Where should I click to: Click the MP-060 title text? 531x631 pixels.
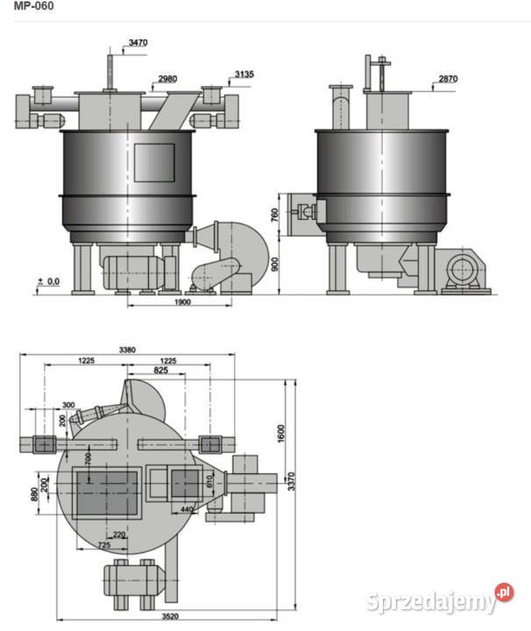click(34, 6)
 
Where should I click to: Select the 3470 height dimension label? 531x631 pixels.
click(138, 42)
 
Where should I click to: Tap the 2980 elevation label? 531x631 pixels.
click(167, 79)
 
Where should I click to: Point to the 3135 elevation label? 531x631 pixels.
click(244, 74)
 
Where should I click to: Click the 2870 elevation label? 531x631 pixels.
click(448, 79)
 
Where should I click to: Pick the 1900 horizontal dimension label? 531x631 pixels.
click(182, 301)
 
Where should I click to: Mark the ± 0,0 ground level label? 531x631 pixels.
click(49, 281)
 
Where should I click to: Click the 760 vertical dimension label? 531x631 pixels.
click(275, 215)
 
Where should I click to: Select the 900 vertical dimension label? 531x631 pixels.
click(275, 265)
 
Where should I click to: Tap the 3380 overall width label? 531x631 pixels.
click(127, 350)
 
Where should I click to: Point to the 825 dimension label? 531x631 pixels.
click(161, 370)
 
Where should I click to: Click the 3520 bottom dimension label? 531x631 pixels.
click(170, 616)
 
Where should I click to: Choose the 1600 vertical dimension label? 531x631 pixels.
click(280, 434)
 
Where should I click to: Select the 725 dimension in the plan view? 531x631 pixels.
click(104, 545)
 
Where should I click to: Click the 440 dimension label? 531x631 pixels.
click(187, 509)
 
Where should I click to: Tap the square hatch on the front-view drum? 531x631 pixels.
click(154, 163)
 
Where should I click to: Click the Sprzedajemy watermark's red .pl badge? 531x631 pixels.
click(505, 592)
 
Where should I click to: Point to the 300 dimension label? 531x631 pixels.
click(68, 404)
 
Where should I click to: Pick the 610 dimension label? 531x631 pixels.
click(209, 482)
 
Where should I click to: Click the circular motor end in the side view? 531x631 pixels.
click(462, 269)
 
